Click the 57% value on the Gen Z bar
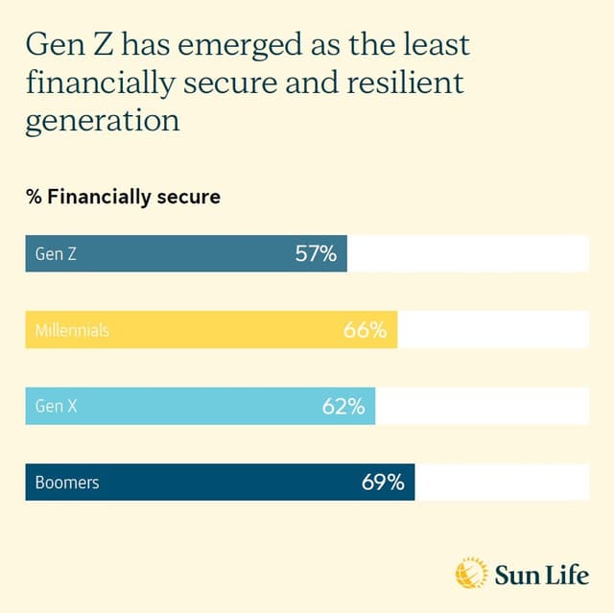pyautogui.click(x=316, y=254)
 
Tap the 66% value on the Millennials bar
pyautogui.click(x=365, y=330)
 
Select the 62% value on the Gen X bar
pyautogui.click(x=342, y=407)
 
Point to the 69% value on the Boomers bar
pyautogui.click(x=383, y=483)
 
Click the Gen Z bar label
pyautogui.click(x=56, y=254)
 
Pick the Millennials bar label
pyautogui.click(x=72, y=330)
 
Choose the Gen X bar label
pyautogui.click(x=56, y=407)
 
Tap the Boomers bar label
pyautogui.click(x=66, y=483)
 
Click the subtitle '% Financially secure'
pyautogui.click(x=123, y=198)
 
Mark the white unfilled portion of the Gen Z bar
pyautogui.click(x=467, y=254)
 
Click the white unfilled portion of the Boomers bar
pyautogui.click(x=502, y=483)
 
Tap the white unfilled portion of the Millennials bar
pyautogui.click(x=492, y=330)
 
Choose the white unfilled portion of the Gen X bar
pyautogui.click(x=482, y=407)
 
